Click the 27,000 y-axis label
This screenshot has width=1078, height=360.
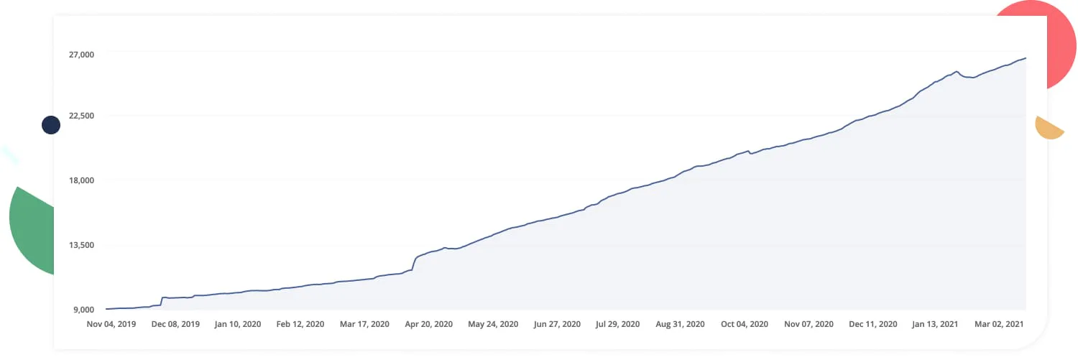click(81, 55)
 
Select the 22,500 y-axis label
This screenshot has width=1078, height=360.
click(81, 116)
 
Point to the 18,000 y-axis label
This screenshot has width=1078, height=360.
click(81, 180)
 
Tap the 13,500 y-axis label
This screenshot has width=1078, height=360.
click(81, 245)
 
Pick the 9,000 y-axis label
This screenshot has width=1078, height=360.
click(84, 310)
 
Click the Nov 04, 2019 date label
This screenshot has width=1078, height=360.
click(111, 324)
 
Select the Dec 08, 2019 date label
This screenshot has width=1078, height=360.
click(175, 324)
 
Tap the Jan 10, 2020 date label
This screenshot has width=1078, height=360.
click(238, 324)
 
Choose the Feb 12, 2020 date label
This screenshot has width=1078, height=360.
click(300, 324)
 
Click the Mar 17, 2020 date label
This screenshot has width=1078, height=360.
click(364, 324)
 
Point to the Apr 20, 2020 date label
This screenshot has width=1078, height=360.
click(428, 324)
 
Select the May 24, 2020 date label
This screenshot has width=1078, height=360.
click(493, 324)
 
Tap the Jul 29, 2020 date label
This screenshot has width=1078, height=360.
click(619, 324)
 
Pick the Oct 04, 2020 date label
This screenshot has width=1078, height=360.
click(745, 324)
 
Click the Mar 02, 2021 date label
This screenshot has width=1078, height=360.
click(998, 324)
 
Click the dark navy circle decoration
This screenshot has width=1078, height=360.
click(51, 125)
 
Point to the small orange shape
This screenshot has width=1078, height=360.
click(1049, 128)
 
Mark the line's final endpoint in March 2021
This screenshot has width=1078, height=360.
click(1026, 57)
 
